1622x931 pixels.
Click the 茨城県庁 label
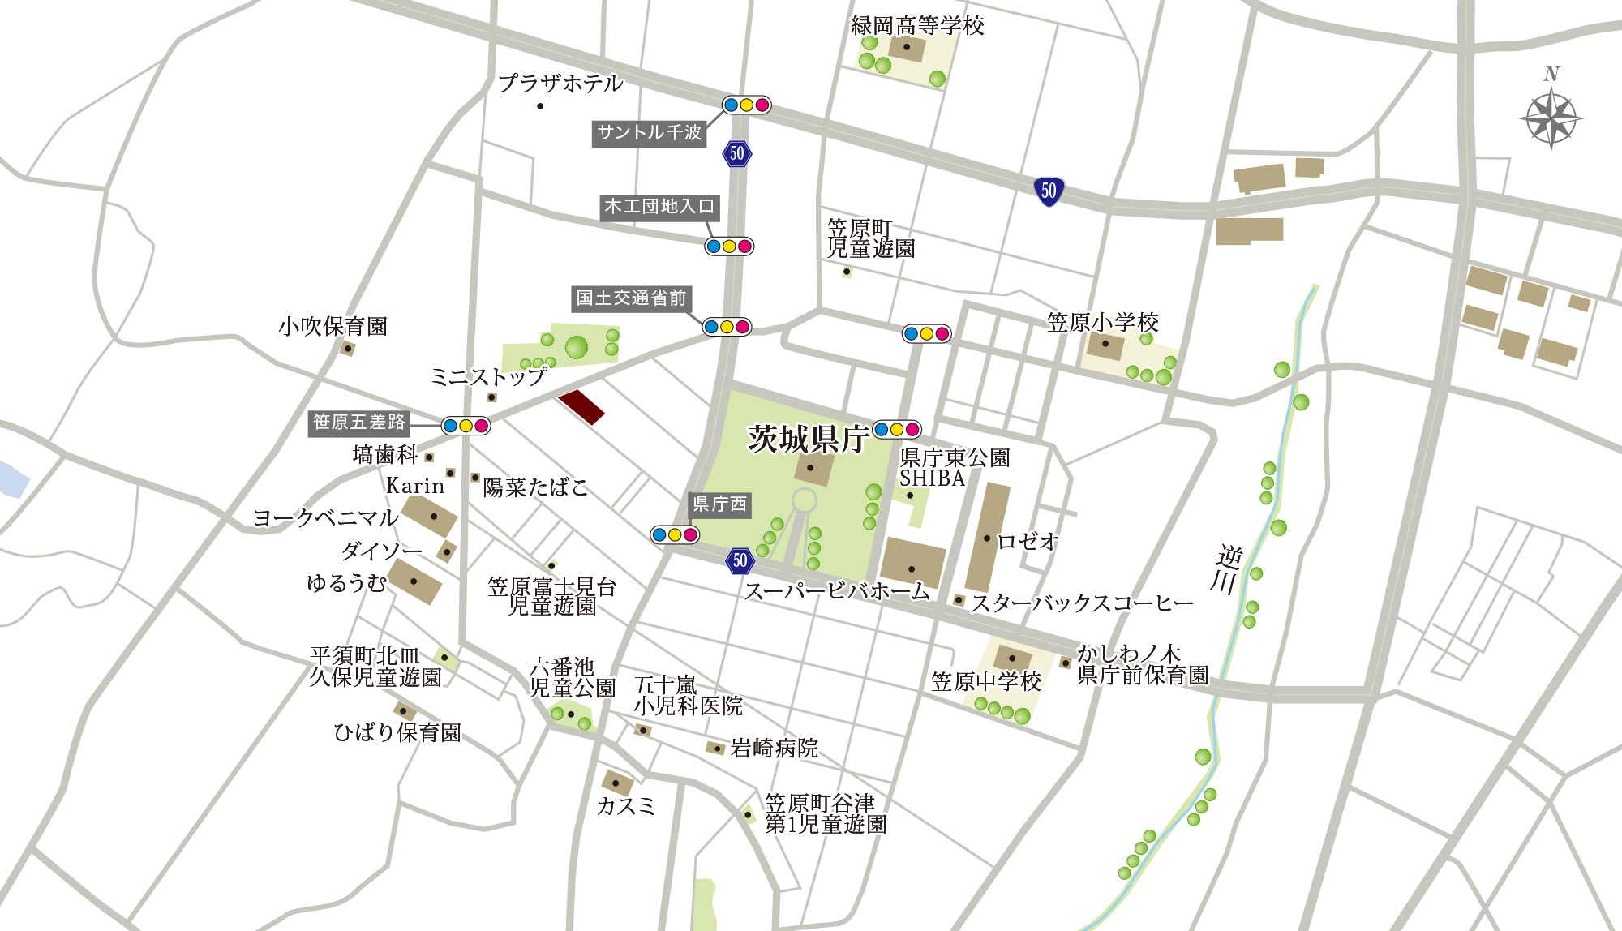pyautogui.click(x=808, y=440)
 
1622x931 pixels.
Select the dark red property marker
pyautogui.click(x=581, y=406)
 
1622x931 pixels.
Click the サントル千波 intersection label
pyautogui.click(x=649, y=132)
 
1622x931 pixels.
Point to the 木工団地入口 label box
pyautogui.click(x=659, y=207)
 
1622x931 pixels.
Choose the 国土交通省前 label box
pyautogui.click(x=631, y=298)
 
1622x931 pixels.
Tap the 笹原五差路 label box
pyautogui.click(x=359, y=423)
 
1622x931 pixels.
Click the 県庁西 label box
pyautogui.click(x=719, y=504)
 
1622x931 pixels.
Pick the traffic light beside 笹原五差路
pyautogui.click(x=466, y=426)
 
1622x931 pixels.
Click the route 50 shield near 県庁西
pyautogui.click(x=740, y=560)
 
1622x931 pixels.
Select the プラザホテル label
pyautogui.click(x=560, y=84)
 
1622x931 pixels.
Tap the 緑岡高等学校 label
pyautogui.click(x=917, y=26)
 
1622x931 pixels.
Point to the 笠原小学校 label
pyautogui.click(x=1103, y=323)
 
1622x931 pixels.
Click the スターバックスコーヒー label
pyautogui.click(x=1083, y=603)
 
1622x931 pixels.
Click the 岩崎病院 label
pyautogui.click(x=775, y=748)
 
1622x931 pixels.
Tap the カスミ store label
pyautogui.click(x=625, y=806)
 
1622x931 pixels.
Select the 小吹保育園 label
pyautogui.click(x=333, y=327)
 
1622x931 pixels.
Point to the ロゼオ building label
pyautogui.click(x=1028, y=541)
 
